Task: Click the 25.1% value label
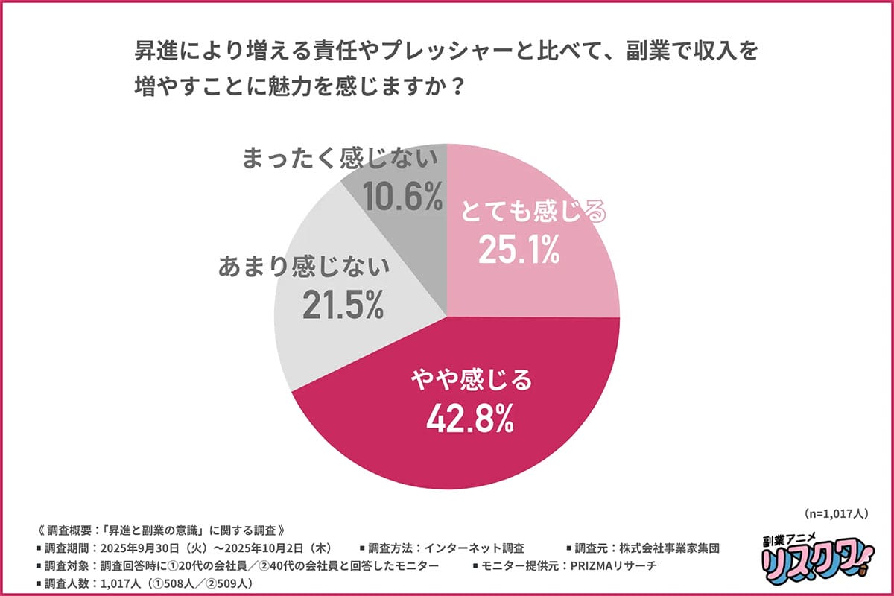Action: pyautogui.click(x=519, y=253)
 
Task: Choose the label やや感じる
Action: pyautogui.click(x=472, y=381)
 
